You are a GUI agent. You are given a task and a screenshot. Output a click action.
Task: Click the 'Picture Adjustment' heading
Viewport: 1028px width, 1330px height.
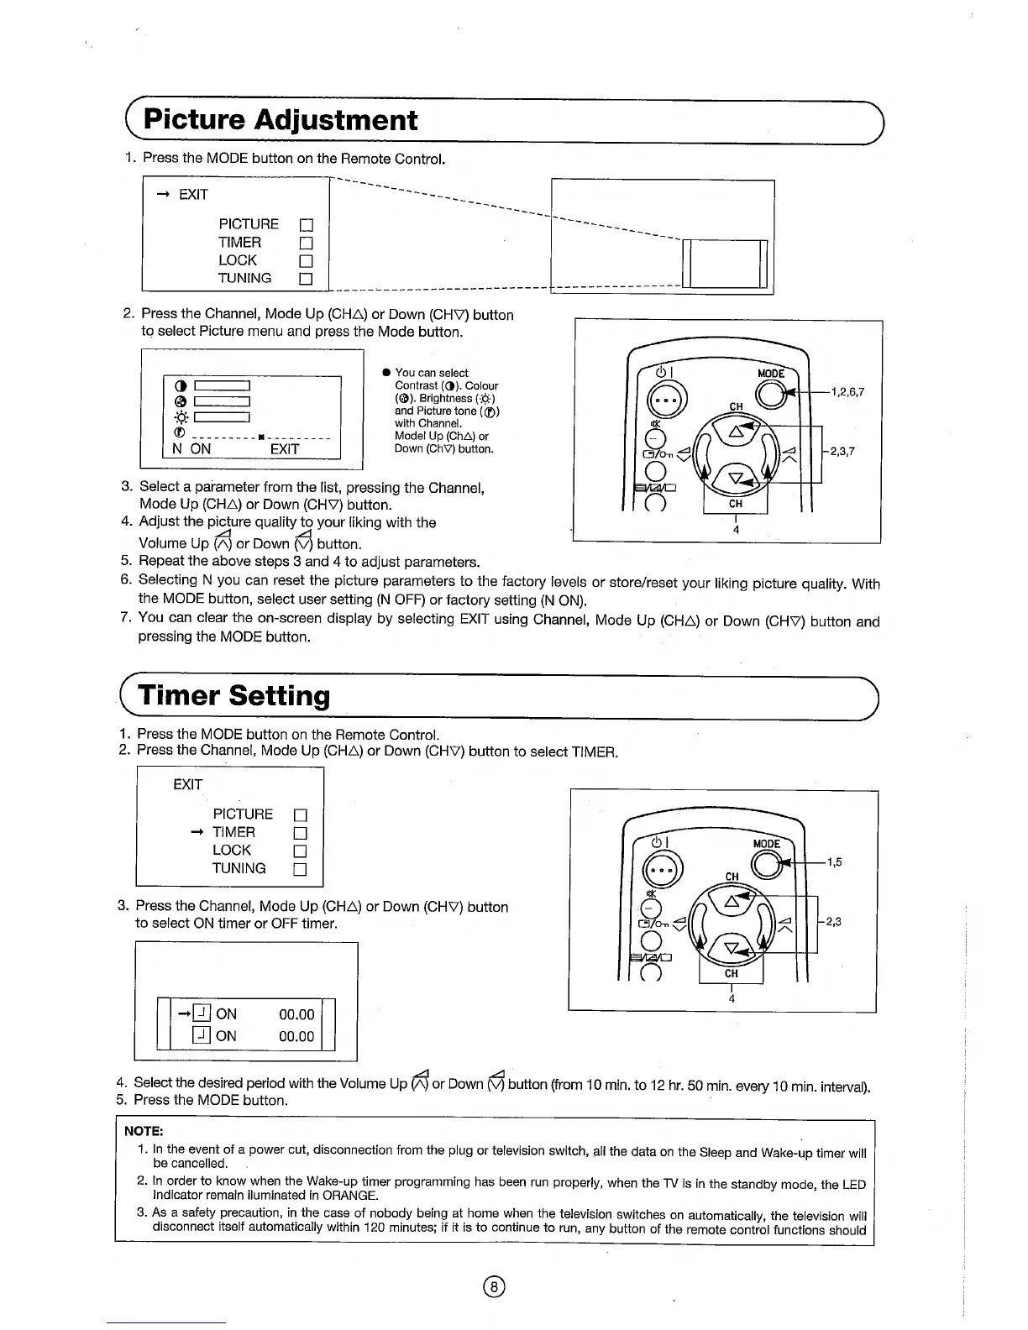(281, 120)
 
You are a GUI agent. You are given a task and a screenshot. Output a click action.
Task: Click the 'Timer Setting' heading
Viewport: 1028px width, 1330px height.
(234, 695)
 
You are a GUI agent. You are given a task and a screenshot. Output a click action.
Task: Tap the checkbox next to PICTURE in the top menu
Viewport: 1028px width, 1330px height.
(307, 225)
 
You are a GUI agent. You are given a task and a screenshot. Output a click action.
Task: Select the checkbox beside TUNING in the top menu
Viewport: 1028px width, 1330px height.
(307, 279)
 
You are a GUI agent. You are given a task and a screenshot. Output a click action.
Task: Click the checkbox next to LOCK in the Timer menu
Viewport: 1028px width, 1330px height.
(300, 851)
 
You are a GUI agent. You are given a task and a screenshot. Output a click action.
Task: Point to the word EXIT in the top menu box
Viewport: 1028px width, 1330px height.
(193, 195)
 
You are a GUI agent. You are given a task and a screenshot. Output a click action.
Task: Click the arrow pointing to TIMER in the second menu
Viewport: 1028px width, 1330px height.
(197, 832)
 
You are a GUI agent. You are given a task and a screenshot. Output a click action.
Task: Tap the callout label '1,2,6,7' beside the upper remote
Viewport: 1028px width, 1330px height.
(847, 392)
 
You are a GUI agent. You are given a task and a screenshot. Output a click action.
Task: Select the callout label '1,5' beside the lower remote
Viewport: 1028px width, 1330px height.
(834, 861)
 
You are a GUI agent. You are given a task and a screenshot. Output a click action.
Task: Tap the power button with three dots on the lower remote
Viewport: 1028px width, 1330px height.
(656, 869)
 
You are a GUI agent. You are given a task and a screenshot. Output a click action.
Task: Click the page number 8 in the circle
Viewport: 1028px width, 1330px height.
(495, 1287)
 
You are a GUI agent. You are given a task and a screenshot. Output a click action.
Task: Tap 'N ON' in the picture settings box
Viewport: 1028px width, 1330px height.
(191, 449)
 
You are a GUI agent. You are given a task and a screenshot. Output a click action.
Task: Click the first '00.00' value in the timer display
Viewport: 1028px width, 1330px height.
(296, 1014)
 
